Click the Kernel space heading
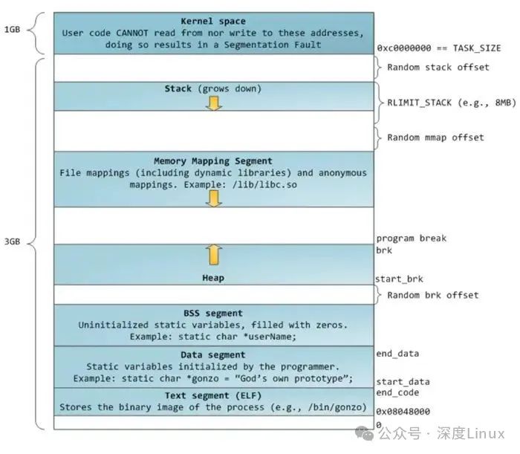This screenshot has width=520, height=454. click(213, 21)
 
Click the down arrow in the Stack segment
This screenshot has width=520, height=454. click(214, 103)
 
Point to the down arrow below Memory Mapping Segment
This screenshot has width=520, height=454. click(214, 198)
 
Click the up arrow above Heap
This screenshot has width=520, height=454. click(214, 254)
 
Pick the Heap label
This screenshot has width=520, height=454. click(213, 278)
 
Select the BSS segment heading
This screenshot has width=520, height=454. click(213, 313)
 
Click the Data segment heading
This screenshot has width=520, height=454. click(213, 354)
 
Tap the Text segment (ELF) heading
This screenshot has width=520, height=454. click(213, 395)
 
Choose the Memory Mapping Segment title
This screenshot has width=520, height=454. click(213, 160)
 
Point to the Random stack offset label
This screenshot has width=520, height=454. click(438, 68)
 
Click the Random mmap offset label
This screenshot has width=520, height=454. click(435, 137)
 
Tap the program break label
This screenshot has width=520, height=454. click(411, 239)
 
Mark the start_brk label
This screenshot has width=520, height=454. click(400, 279)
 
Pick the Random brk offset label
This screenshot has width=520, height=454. click(432, 295)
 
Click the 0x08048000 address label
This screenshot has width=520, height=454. click(403, 411)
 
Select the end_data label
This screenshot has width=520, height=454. click(398, 354)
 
